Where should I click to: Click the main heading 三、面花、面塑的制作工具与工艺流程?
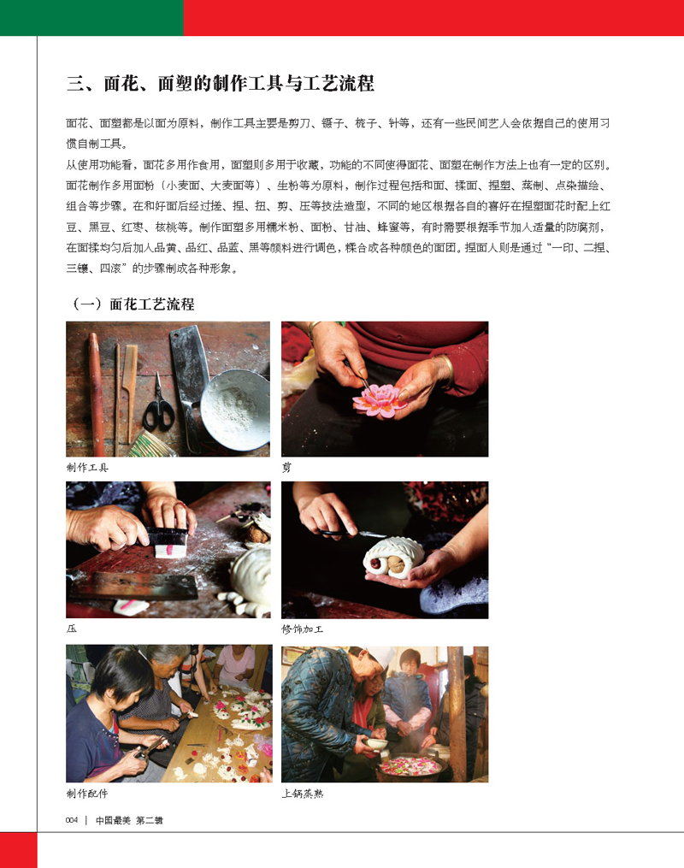221,83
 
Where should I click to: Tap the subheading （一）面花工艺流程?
133,304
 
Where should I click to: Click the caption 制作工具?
87,468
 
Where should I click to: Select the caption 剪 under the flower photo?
286,468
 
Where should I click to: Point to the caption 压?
71,629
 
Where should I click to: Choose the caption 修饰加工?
302,629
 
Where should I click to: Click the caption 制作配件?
87,794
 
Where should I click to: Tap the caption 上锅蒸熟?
302,794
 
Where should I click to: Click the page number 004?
72,820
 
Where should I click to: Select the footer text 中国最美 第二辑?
129,820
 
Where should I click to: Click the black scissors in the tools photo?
159,405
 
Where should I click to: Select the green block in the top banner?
91,18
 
